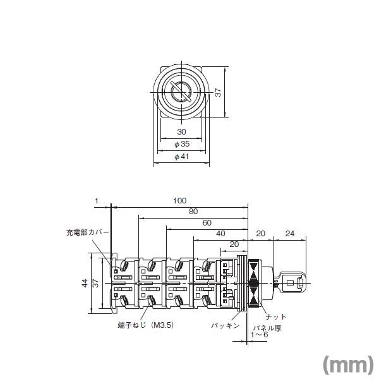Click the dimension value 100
(x=179, y=200)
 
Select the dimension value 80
(x=192, y=212)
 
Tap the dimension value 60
(x=206, y=223)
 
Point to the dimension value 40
(x=220, y=234)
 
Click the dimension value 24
(x=290, y=234)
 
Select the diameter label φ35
(x=181, y=144)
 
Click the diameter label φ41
(x=181, y=157)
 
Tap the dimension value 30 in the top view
(x=181, y=132)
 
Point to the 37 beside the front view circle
(x=218, y=92)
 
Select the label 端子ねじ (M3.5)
(x=146, y=325)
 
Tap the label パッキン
(x=224, y=325)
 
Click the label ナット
(x=276, y=316)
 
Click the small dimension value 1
(x=97, y=200)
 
